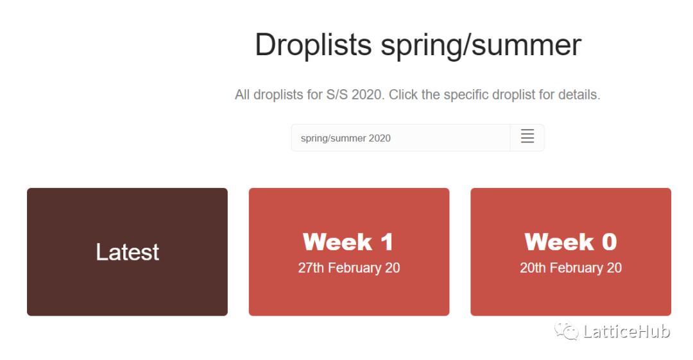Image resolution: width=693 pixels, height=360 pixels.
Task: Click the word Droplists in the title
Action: tap(313, 46)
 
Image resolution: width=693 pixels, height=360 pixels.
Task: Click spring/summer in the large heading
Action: tap(481, 46)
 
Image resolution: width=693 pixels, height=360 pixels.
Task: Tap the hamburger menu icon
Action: tap(527, 136)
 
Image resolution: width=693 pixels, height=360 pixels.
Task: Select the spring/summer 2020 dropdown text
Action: tap(346, 139)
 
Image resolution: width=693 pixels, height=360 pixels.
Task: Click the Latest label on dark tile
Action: tap(127, 252)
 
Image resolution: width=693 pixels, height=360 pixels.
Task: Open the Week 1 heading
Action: tap(348, 242)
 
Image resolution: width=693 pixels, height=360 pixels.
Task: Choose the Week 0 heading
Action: tap(570, 242)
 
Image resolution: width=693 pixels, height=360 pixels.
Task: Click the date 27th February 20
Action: tap(348, 268)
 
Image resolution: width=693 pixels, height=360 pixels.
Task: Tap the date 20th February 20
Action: tap(570, 268)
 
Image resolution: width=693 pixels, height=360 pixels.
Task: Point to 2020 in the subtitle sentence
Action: tap(367, 94)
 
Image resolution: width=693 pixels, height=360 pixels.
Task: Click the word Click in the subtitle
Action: tap(403, 94)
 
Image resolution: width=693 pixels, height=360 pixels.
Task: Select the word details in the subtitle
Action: tap(579, 94)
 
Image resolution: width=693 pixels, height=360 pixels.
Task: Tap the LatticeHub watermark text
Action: tap(627, 331)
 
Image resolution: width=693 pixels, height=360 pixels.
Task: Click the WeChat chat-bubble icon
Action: tap(566, 331)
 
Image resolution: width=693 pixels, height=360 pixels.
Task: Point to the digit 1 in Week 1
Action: tap(387, 242)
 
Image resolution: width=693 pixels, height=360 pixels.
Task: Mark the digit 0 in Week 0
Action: tap(609, 242)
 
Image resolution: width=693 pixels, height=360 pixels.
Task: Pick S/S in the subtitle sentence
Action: tap(337, 94)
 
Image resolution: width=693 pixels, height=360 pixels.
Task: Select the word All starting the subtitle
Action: tap(242, 94)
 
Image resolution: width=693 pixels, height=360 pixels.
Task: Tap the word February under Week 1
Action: tap(355, 268)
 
